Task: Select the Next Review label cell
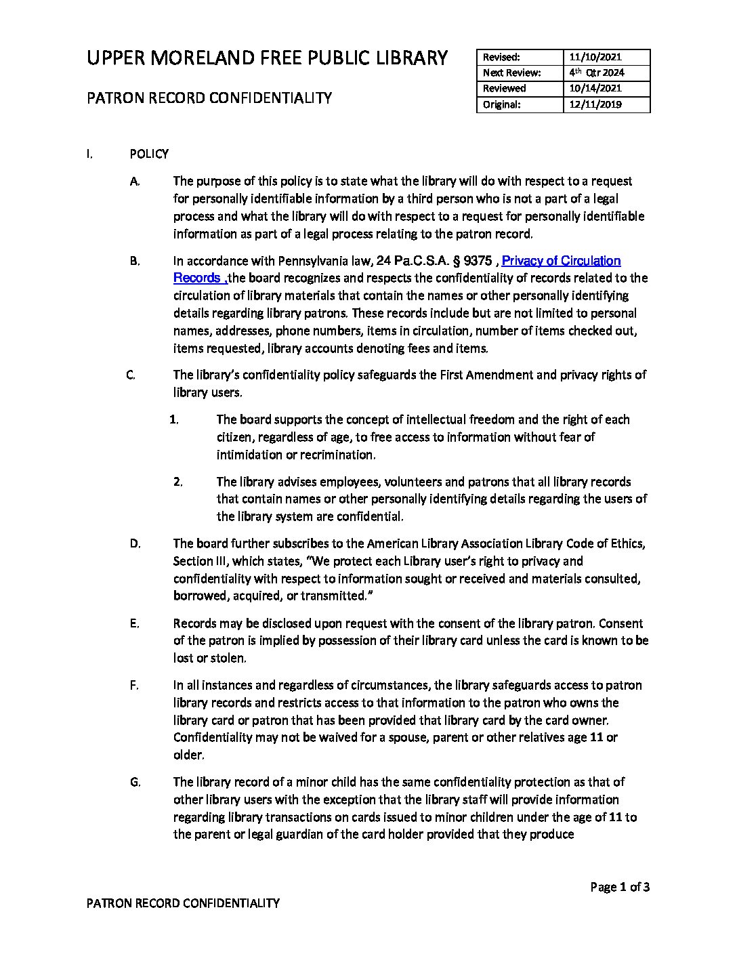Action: click(x=511, y=72)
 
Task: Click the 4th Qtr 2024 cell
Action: click(x=597, y=72)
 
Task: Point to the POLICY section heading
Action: click(x=149, y=154)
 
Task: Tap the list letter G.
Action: click(x=135, y=782)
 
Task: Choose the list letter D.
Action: click(x=135, y=543)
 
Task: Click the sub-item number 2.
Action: click(x=177, y=482)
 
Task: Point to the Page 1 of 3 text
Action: click(x=620, y=887)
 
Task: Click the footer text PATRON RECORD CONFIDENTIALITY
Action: click(x=183, y=903)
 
